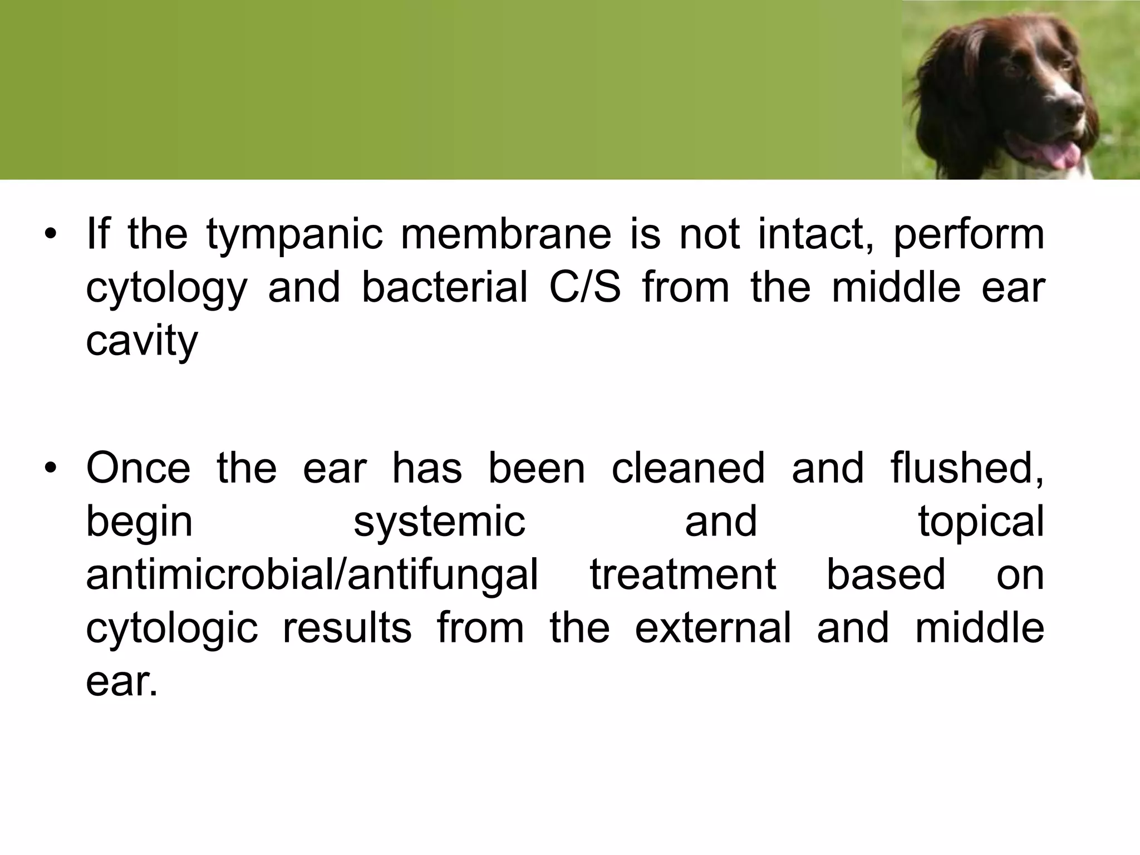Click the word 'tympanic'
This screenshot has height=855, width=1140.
(294, 235)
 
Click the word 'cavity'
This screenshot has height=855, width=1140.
(142, 341)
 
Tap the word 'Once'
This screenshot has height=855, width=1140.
(138, 468)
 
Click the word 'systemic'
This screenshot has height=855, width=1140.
(440, 522)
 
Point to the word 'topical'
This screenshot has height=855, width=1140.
(981, 522)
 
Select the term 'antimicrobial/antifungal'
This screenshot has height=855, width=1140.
(312, 574)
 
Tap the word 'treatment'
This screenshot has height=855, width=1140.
(683, 574)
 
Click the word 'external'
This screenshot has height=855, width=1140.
(713, 628)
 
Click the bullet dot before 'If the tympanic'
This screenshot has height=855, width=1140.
(51, 234)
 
